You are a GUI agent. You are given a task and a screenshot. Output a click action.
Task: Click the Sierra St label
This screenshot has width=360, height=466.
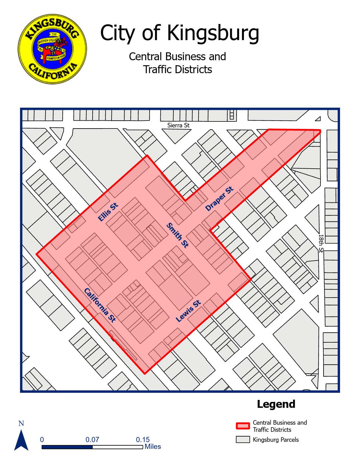click(178, 125)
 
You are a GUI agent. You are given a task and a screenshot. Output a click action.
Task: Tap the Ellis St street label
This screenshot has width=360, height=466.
click(108, 212)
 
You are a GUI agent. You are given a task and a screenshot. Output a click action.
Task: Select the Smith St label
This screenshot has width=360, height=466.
click(177, 235)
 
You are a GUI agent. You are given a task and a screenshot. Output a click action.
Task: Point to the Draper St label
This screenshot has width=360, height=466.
click(220, 199)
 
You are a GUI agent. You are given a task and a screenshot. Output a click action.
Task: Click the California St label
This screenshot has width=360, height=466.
click(100, 305)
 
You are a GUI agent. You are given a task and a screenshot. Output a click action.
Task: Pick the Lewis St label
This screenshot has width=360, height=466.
click(188, 311)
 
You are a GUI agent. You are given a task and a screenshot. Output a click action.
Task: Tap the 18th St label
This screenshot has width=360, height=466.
click(321, 243)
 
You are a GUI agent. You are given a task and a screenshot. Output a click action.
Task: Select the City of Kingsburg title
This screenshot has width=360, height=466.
click(180, 33)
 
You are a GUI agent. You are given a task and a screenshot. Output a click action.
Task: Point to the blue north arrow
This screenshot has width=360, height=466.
click(21, 440)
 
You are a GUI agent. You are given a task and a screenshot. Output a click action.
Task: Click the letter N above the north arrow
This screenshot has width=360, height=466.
click(21, 423)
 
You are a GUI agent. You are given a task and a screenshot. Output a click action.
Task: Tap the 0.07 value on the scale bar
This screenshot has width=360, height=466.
click(92, 440)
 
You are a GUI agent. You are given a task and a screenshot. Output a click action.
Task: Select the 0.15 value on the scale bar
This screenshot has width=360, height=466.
click(143, 440)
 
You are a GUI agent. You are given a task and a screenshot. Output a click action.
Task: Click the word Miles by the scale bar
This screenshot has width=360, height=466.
click(153, 447)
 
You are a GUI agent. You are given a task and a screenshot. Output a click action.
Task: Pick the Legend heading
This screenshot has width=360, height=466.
click(276, 404)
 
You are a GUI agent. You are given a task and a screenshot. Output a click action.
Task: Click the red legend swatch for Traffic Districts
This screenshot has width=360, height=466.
click(243, 426)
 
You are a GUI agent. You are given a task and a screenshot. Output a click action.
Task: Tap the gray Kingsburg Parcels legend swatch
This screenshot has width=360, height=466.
click(243, 440)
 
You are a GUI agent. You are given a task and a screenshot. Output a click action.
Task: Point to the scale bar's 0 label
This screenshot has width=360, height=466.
click(42, 440)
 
